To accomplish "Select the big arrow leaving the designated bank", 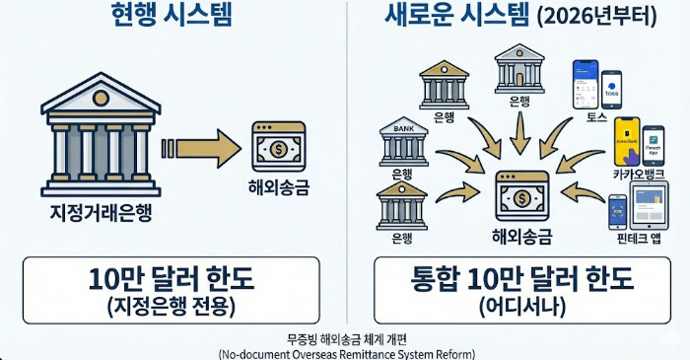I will pos(202,149).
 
